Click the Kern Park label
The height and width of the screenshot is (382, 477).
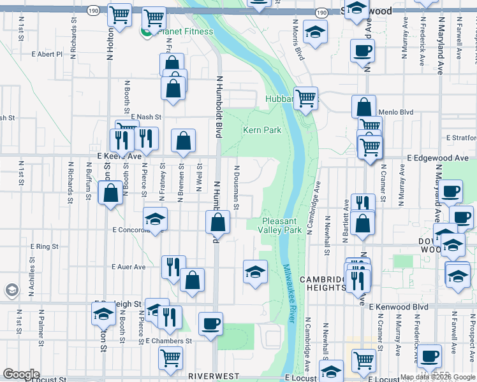(262, 130)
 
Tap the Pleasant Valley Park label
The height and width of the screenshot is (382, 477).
(280, 225)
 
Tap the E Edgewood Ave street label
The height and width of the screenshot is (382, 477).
(444, 158)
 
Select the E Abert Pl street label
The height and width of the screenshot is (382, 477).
(48, 54)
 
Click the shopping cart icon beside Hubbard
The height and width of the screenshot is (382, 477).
(306, 97)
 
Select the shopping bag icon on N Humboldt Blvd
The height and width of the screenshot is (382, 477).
(218, 222)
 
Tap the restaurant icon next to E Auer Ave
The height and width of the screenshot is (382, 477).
(173, 267)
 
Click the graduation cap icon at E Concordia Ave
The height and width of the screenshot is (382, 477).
(155, 219)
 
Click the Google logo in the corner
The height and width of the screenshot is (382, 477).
(21, 375)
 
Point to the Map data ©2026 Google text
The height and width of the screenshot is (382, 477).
(437, 377)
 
